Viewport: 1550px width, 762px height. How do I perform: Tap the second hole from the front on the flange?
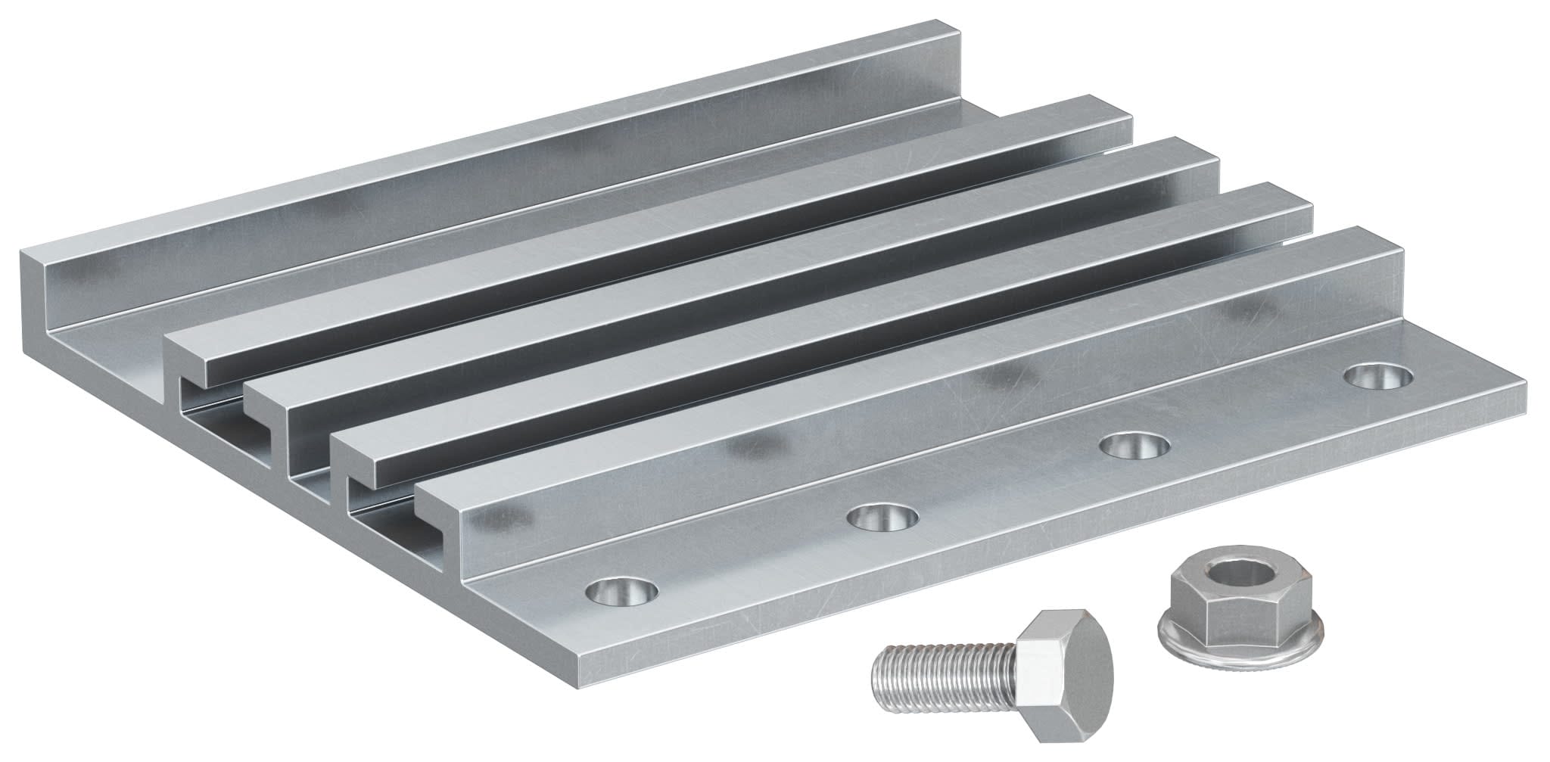[882, 518]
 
